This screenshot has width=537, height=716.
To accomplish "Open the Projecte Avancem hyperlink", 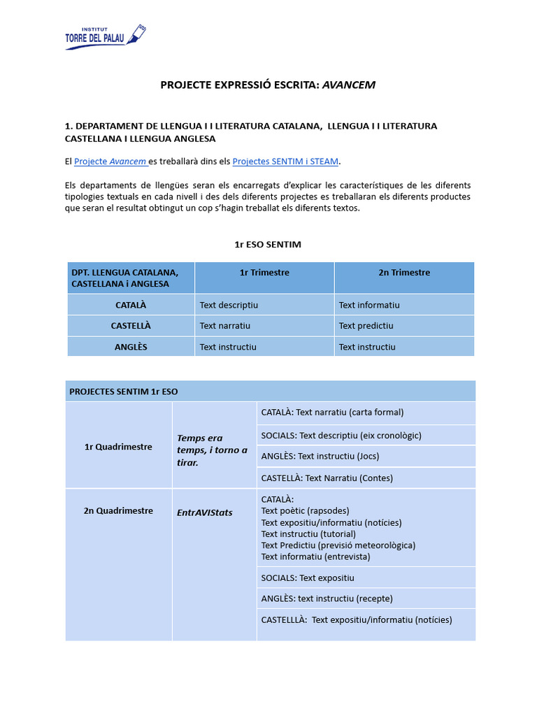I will [110, 162].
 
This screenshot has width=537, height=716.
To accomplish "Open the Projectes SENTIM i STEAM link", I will [285, 162].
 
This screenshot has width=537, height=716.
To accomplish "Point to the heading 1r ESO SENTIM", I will [268, 244].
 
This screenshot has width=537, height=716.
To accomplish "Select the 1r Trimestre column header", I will [264, 273].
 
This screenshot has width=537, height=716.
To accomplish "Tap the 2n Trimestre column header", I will [404, 273].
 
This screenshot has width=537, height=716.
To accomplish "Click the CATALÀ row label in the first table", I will [131, 305].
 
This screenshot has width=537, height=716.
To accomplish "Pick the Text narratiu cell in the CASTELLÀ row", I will [225, 326].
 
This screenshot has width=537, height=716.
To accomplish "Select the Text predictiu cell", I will [366, 326].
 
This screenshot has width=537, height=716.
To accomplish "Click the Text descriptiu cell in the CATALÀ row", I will [229, 305].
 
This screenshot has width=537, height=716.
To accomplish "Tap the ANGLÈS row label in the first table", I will [131, 347].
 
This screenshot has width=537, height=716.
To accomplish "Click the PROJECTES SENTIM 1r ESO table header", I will [124, 392].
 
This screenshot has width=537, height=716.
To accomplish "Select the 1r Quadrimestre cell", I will [118, 447].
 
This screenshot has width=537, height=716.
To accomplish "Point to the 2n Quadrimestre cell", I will [118, 510].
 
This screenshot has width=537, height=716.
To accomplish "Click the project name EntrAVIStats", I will [205, 513].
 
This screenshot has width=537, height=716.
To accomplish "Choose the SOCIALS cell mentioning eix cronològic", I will [341, 435].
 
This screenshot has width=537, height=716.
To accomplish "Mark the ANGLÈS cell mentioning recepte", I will [327, 599].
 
